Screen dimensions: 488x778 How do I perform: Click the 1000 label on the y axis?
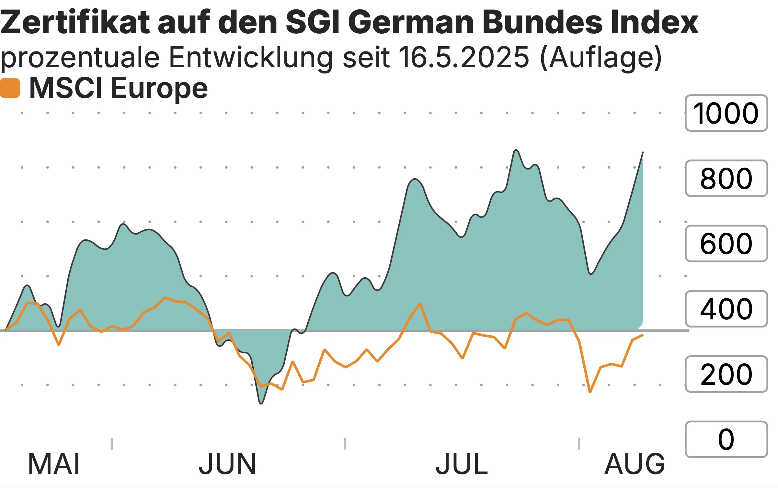726,113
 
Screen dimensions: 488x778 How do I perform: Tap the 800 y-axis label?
726,178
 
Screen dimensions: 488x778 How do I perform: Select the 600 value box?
726,243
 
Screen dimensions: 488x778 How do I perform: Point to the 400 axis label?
726,309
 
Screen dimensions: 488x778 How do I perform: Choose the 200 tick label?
726,374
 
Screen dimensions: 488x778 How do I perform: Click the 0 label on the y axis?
726,439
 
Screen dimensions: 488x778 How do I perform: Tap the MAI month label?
54,464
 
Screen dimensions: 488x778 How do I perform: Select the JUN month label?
227,464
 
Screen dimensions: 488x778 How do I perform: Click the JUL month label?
462,464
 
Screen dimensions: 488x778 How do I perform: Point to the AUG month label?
635,464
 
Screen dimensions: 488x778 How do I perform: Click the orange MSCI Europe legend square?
10,88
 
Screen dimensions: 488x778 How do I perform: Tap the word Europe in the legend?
159,88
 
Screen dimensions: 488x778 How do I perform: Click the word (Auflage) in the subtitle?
601,58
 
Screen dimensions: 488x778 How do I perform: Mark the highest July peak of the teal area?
516,150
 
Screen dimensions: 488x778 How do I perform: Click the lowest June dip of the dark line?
261,403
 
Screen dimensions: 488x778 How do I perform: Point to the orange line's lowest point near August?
590,392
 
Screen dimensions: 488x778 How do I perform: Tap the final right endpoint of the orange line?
643,335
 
